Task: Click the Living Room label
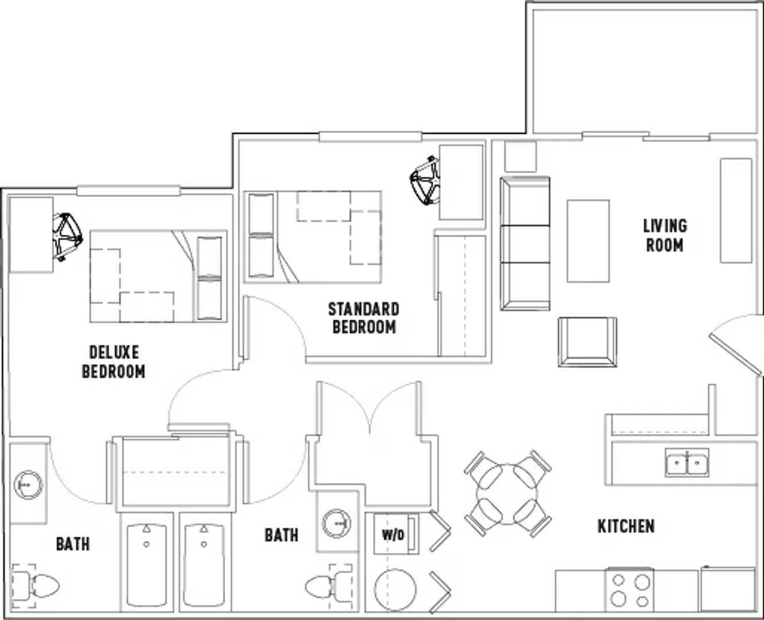665,236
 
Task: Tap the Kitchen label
626,526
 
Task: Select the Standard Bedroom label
364,318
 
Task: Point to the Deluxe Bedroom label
114,362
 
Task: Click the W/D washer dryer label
393,536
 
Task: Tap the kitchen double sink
687,463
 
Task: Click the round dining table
507,494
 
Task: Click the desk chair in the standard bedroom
425,180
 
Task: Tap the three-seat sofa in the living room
525,243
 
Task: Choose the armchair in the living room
587,342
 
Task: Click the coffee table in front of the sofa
588,241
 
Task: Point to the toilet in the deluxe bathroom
35,586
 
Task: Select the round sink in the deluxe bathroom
28,485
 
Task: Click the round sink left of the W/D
336,524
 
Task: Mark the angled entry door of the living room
735,355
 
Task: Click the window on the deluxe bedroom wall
129,191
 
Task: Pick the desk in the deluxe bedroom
31,235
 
